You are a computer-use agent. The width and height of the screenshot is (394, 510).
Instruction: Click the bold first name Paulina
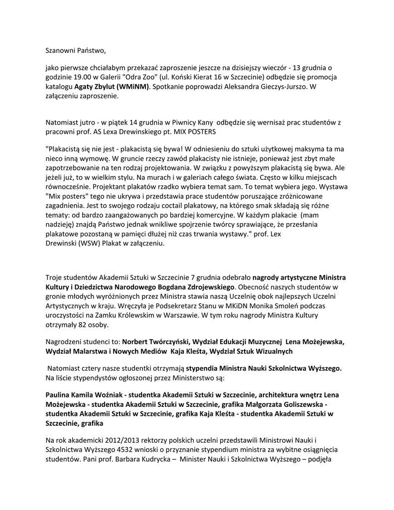pyautogui.click(x=60, y=394)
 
